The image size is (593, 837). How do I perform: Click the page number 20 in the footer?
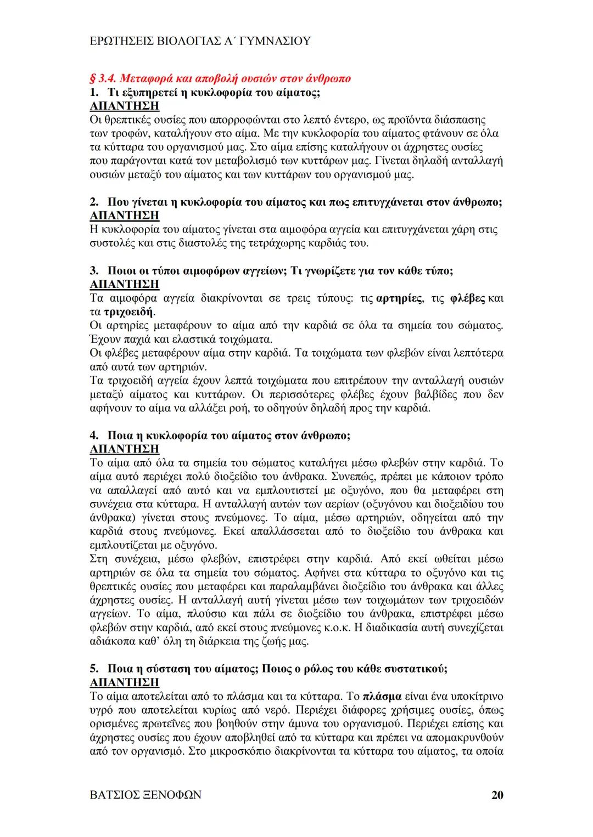[497, 795]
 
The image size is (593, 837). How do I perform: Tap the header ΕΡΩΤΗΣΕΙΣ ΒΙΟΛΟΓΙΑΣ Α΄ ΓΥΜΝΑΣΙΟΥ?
[200, 41]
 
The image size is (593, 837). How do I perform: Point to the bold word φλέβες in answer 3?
[467, 299]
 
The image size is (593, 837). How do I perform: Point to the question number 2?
[93, 202]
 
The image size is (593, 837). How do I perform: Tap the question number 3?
[93, 271]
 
